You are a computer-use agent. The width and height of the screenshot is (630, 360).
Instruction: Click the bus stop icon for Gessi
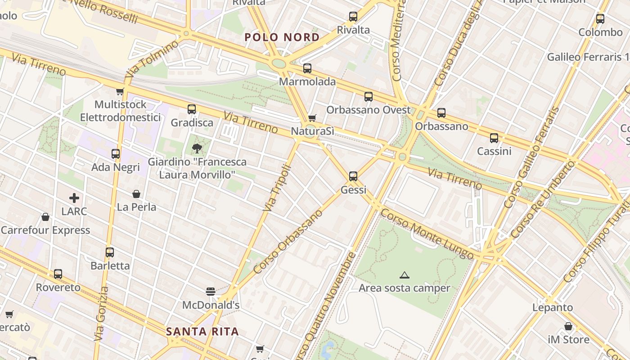[x=353, y=176]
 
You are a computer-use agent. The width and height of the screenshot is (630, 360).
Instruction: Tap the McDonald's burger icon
[x=210, y=291]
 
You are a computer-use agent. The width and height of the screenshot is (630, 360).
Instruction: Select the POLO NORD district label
[x=282, y=37]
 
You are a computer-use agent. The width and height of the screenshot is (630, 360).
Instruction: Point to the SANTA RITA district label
[x=202, y=332]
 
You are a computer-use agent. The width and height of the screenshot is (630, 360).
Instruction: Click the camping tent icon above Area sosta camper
[x=404, y=275]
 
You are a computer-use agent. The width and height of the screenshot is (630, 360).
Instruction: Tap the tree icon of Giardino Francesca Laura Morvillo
[x=197, y=148]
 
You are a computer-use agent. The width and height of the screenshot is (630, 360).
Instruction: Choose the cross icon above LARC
[x=74, y=198]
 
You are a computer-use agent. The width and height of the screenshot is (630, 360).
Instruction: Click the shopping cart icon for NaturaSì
[x=312, y=118]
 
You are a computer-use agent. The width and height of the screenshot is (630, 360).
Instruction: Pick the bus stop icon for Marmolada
[x=307, y=68]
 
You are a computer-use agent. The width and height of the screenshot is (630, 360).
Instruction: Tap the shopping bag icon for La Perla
[x=136, y=194]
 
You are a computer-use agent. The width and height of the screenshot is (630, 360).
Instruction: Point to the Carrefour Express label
[x=45, y=230]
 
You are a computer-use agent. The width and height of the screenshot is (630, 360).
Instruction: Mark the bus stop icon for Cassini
[x=494, y=138]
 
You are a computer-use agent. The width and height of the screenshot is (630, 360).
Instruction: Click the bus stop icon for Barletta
[x=110, y=252]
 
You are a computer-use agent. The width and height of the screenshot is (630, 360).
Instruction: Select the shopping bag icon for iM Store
[x=568, y=326]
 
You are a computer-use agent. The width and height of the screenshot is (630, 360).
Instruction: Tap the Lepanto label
[x=553, y=308]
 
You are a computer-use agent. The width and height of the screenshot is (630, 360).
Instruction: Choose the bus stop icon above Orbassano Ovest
[x=369, y=97]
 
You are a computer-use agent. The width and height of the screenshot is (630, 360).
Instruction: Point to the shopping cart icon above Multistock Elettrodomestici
[x=120, y=92]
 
